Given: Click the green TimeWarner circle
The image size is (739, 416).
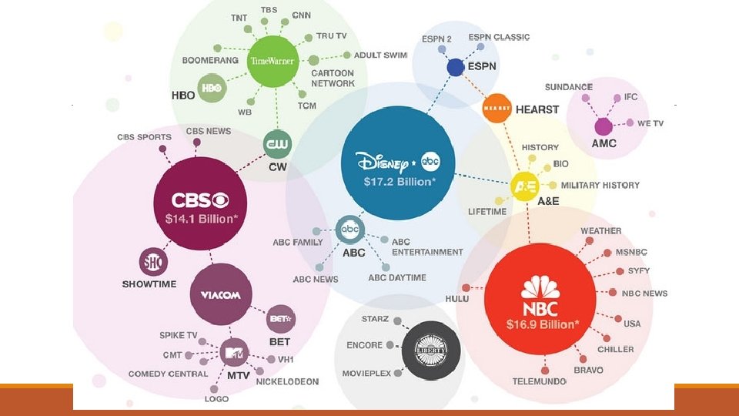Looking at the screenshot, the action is [272, 61].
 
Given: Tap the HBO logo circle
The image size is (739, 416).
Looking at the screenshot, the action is [211, 89].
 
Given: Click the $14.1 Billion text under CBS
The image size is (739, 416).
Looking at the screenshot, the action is [200, 219].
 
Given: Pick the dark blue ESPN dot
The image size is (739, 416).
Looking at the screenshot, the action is [455, 67].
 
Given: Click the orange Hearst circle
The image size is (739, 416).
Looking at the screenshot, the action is [497, 109].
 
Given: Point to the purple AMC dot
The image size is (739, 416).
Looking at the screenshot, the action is [604, 127].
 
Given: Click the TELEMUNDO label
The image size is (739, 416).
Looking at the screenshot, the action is [540, 381].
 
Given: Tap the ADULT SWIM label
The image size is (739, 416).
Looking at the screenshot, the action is [380, 55].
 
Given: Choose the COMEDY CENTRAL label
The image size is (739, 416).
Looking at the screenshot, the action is [168, 374].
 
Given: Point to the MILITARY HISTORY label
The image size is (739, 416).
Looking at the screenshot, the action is [600, 185].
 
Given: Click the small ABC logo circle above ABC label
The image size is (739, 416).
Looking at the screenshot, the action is [350, 230].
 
